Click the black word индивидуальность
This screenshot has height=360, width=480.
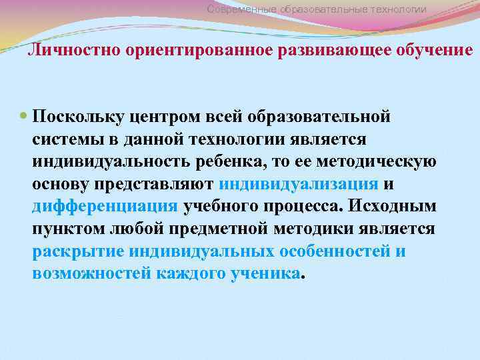(x=107, y=162)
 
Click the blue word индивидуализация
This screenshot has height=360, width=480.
(x=298, y=184)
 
